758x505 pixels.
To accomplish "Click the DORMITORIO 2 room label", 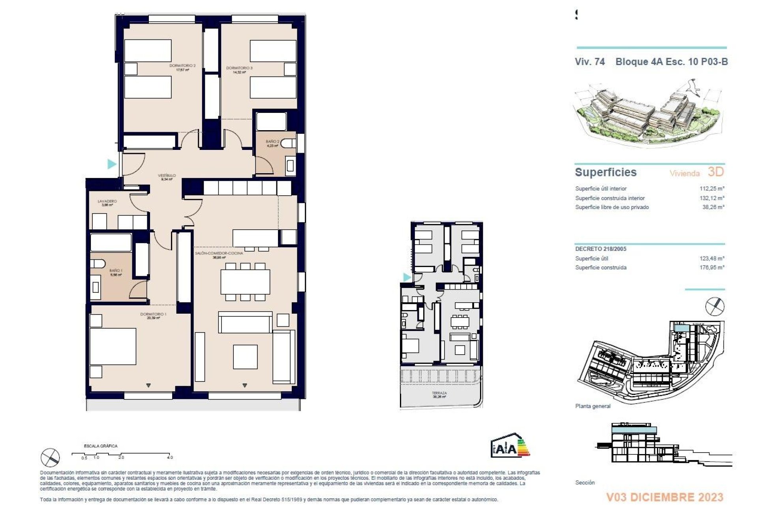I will (x=182, y=67).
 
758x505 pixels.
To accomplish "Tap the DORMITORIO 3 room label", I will (x=239, y=69).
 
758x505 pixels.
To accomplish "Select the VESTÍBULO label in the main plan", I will (x=167, y=177).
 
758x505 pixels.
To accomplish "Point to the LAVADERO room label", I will (x=107, y=202).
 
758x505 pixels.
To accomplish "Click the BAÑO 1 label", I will (x=116, y=272).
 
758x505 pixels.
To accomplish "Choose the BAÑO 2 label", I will (x=272, y=143).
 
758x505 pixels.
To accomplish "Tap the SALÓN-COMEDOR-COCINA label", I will (x=219, y=254).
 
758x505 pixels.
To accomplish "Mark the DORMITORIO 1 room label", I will (x=153, y=316).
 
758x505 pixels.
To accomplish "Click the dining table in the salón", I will (x=245, y=281).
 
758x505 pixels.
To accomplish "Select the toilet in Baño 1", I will (x=98, y=264).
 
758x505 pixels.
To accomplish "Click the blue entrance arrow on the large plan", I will (x=112, y=163).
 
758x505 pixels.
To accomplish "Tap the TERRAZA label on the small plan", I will (x=439, y=394).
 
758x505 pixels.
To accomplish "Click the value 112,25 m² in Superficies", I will (x=712, y=189).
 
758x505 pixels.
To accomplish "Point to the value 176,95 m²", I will (x=712, y=267).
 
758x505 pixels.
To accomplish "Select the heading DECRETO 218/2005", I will (x=600, y=249).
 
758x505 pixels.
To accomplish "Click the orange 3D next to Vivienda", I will (x=715, y=172).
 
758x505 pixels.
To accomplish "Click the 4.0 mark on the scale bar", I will (x=170, y=457).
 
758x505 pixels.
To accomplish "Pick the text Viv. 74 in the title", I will (x=589, y=62).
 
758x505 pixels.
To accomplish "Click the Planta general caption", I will (x=593, y=406).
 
